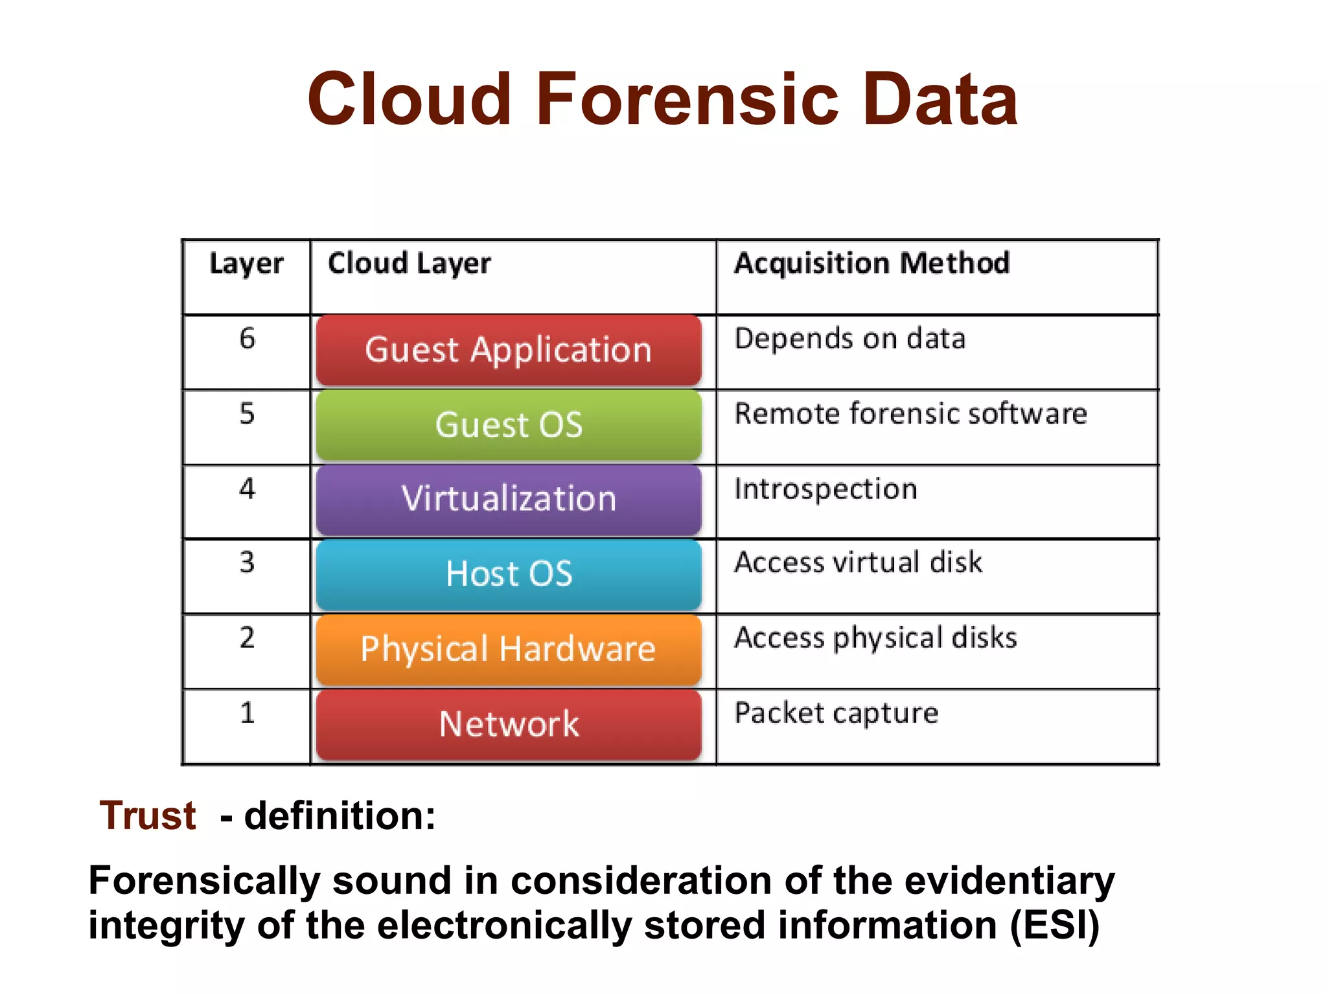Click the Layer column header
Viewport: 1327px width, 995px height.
pyautogui.click(x=246, y=264)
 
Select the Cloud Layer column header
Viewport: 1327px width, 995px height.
pyautogui.click(x=409, y=264)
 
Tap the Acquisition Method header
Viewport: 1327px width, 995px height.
pyautogui.click(x=871, y=264)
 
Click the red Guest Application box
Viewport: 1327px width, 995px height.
pyautogui.click(x=509, y=350)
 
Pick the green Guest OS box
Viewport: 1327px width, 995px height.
pyautogui.click(x=509, y=425)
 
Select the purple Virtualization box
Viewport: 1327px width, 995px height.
pyautogui.click(x=509, y=499)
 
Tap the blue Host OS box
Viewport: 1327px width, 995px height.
pyautogui.click(x=509, y=574)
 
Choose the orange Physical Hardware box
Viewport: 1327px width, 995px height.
pyautogui.click(x=509, y=649)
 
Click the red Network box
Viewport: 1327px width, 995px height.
pyautogui.click(x=509, y=724)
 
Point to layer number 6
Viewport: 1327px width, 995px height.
pyautogui.click(x=247, y=338)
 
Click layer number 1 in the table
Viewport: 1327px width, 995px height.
pyautogui.click(x=247, y=713)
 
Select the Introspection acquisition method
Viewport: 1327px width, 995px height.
pyautogui.click(x=825, y=489)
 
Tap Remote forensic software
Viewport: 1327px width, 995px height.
pyautogui.click(x=910, y=414)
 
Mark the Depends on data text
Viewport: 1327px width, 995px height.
pyautogui.click(x=849, y=339)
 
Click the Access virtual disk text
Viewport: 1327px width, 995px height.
pyautogui.click(x=858, y=563)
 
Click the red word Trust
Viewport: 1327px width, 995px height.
pyautogui.click(x=148, y=815)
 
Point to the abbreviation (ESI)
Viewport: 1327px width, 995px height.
pyautogui.click(x=1055, y=925)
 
